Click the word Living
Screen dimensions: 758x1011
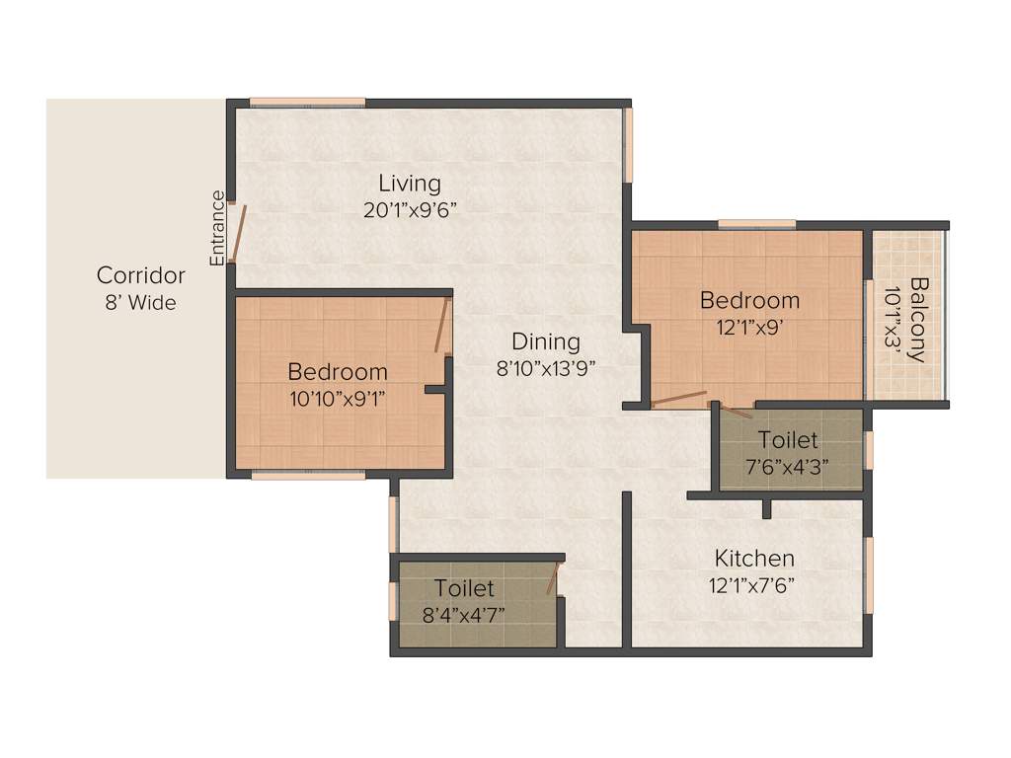pos(410,184)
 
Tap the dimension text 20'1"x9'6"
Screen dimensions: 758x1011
pos(410,209)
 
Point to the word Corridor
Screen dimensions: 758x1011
pos(140,275)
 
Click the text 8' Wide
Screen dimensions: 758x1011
pos(140,302)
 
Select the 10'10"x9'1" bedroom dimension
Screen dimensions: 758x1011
pos(337,398)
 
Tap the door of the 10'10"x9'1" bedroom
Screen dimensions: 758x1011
pos(442,326)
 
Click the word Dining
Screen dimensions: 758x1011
pos(546,342)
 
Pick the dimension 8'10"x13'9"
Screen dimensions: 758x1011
pos(546,368)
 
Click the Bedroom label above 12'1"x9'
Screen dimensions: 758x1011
pos(749,300)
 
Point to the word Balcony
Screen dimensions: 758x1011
pos(918,320)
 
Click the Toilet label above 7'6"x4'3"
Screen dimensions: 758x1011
pos(788,440)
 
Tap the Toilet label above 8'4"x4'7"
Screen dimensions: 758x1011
pos(464,589)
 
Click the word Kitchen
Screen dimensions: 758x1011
pos(754,559)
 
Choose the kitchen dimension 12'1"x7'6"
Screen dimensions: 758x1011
pos(751,584)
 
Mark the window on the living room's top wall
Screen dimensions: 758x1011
pos(307,102)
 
